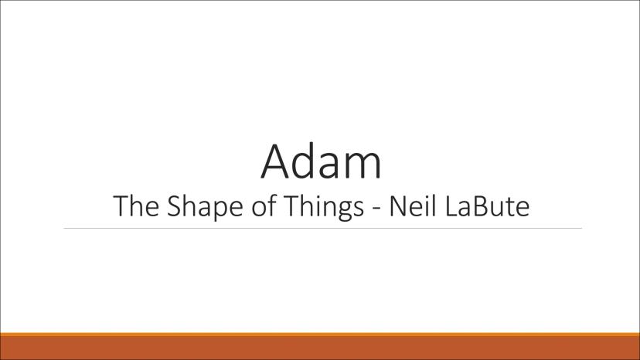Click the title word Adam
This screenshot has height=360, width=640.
pos(322,161)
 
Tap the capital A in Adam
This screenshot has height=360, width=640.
pos(276,161)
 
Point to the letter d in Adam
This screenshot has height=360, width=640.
pos(307,161)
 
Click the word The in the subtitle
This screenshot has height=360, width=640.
pos(136,205)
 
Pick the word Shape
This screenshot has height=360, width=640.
pos(206,208)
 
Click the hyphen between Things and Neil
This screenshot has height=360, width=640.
pos(376,209)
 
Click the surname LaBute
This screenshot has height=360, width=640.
pos(487,205)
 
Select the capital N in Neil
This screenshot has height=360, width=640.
pos(397,205)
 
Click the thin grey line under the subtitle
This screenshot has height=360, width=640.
pos(323,228)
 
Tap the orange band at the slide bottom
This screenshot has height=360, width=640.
pos(320,346)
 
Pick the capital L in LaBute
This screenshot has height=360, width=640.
pos(450,205)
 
